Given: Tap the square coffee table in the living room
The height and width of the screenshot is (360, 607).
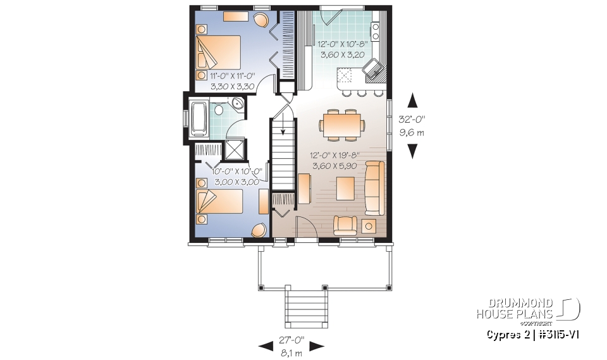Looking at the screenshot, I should [x=345, y=188].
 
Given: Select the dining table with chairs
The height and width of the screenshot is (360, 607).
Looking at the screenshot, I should [x=341, y=123].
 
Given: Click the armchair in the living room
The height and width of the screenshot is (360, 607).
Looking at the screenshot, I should [x=345, y=225].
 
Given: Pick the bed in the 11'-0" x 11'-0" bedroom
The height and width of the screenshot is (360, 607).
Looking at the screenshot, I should [x=218, y=52].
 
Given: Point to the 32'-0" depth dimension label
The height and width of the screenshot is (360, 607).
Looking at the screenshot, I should [x=412, y=119].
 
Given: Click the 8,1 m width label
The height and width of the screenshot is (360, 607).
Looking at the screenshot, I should [x=291, y=352].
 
